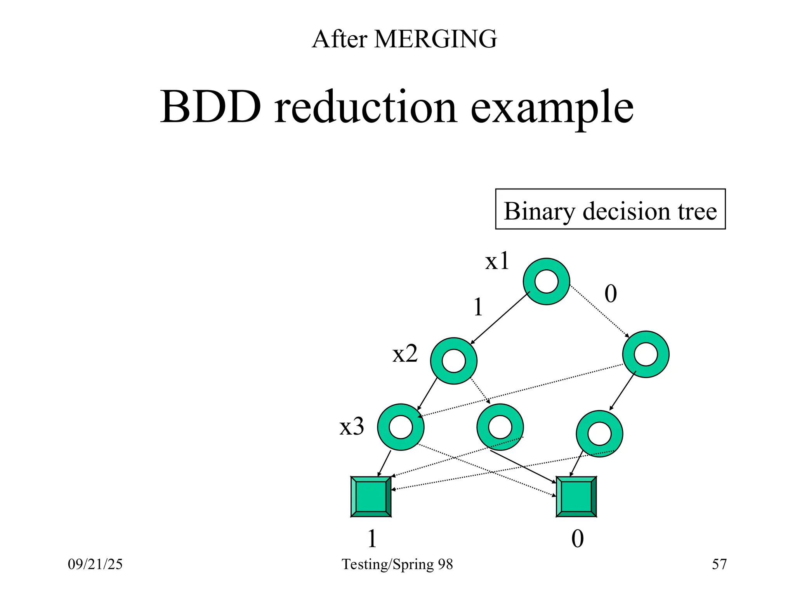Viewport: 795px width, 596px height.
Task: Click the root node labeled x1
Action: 546,281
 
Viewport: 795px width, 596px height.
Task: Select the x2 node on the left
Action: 453,361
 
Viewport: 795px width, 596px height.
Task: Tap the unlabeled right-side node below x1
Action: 646,354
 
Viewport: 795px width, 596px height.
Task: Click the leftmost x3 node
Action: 401,427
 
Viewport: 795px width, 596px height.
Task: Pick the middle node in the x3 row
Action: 500,427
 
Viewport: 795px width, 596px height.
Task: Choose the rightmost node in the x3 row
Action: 599,433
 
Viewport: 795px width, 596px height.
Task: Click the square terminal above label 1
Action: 371,497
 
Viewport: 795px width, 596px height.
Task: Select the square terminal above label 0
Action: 576,497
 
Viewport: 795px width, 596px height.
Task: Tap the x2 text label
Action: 405,353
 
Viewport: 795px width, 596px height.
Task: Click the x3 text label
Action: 352,426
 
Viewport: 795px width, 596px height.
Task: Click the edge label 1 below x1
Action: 478,307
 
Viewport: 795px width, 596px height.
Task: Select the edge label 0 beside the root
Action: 610,294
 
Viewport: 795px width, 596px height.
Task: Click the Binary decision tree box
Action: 610,209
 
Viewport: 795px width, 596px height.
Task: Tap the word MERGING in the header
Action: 435,39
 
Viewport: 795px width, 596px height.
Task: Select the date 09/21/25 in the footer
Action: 95,564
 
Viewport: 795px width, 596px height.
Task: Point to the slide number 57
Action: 719,564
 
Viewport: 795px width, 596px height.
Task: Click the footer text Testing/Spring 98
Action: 397,564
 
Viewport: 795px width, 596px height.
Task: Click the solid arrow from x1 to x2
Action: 500,317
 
